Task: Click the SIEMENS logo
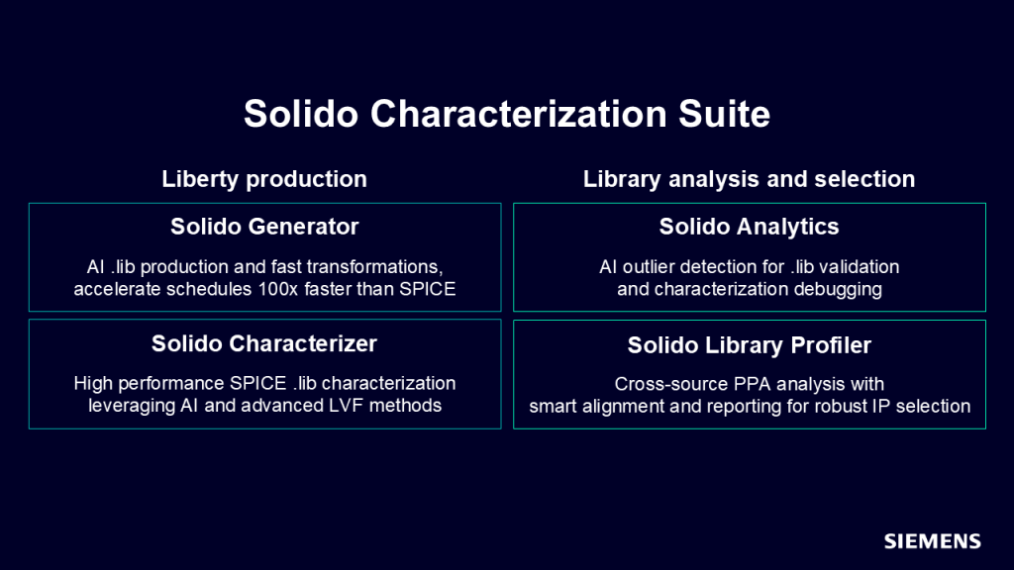pos(933,541)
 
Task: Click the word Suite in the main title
pos(724,115)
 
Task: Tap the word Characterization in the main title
pos(518,115)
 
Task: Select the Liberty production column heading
pos(264,179)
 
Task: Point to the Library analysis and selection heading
pos(749,179)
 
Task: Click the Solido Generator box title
pos(264,227)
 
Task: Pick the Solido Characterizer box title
pos(264,343)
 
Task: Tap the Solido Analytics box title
pos(749,227)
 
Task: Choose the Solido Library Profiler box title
pos(749,345)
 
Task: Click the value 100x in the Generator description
pos(277,289)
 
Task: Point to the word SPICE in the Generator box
pos(428,289)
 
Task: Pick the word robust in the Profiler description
pos(841,406)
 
